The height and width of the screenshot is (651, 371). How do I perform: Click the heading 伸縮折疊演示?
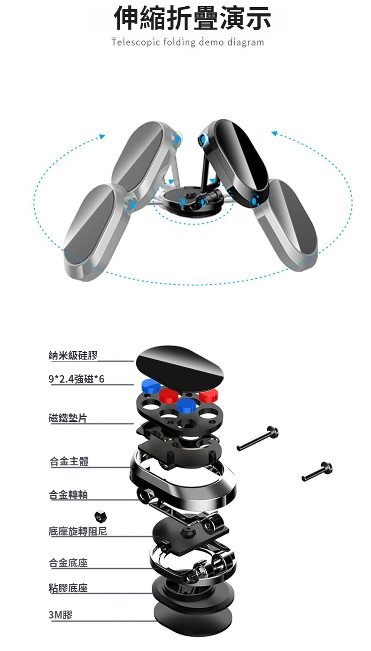click(193, 18)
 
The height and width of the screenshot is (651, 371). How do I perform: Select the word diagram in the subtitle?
click(246, 43)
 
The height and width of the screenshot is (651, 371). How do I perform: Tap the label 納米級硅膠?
click(73, 355)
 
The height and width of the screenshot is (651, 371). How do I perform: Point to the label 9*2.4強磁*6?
click(77, 379)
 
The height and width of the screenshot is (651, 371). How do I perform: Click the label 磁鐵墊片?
click(68, 418)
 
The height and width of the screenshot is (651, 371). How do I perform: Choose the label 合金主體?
click(69, 461)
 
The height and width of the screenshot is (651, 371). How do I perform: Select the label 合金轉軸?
click(68, 494)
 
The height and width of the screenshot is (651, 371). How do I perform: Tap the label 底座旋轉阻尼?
click(78, 531)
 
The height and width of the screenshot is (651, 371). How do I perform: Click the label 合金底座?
click(68, 563)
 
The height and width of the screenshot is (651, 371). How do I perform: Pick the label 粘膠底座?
click(68, 588)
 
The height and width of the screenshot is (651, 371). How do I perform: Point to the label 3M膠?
click(61, 615)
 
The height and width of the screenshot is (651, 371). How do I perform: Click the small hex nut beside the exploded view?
click(100, 516)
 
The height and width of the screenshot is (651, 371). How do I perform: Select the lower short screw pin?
click(317, 471)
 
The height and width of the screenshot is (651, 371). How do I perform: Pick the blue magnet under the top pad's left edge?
click(150, 385)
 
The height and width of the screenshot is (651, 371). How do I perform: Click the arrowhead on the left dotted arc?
click(101, 137)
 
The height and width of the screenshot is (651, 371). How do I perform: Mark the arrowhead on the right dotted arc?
click(274, 133)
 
